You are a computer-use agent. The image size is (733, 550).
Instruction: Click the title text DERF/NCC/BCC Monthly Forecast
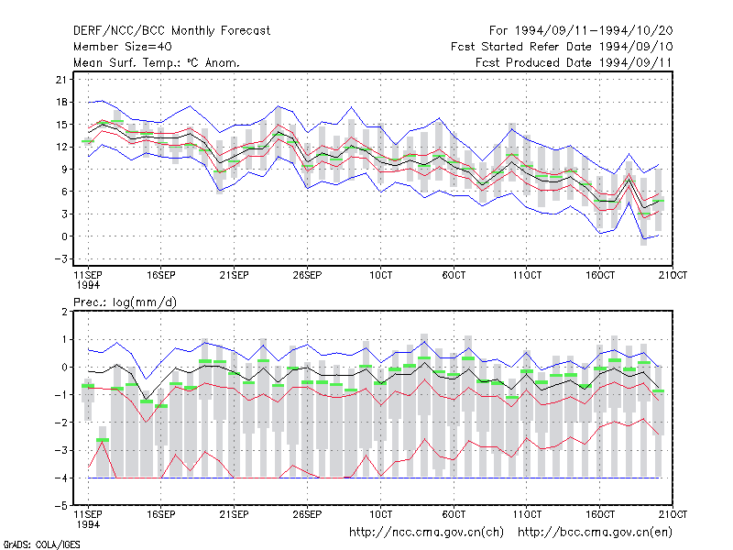click(171, 31)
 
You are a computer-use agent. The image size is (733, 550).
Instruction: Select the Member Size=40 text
click(123, 47)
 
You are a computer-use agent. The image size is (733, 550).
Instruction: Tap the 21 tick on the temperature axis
click(61, 80)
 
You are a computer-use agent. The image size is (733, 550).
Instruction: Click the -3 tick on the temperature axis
click(60, 258)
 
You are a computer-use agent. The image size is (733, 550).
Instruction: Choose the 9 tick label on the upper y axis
click(64, 169)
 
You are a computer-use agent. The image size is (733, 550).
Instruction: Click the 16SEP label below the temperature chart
click(161, 275)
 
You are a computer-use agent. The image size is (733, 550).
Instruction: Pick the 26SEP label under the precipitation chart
click(307, 514)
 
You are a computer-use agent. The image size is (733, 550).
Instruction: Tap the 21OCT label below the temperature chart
click(673, 275)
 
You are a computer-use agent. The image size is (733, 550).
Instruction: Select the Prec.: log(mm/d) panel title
click(125, 302)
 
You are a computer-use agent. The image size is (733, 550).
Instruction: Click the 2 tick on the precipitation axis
click(64, 312)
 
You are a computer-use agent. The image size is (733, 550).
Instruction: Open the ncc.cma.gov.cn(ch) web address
click(426, 533)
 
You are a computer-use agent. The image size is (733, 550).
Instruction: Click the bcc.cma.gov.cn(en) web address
click(595, 533)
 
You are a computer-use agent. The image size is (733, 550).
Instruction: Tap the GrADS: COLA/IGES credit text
click(41, 544)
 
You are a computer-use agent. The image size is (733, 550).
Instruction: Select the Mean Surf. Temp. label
click(128, 62)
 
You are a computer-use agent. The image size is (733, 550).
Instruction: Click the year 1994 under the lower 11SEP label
click(88, 524)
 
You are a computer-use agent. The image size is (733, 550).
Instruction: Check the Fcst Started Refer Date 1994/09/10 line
click(562, 47)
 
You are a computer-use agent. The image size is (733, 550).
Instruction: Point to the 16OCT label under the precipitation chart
click(600, 514)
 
